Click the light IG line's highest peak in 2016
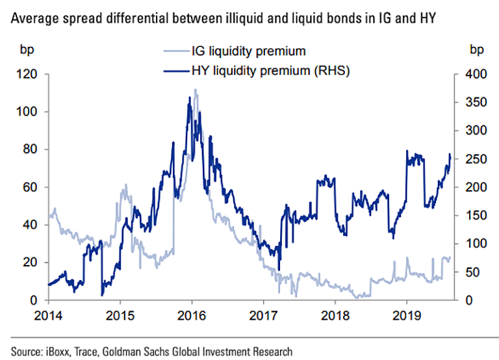pos(195,90)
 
